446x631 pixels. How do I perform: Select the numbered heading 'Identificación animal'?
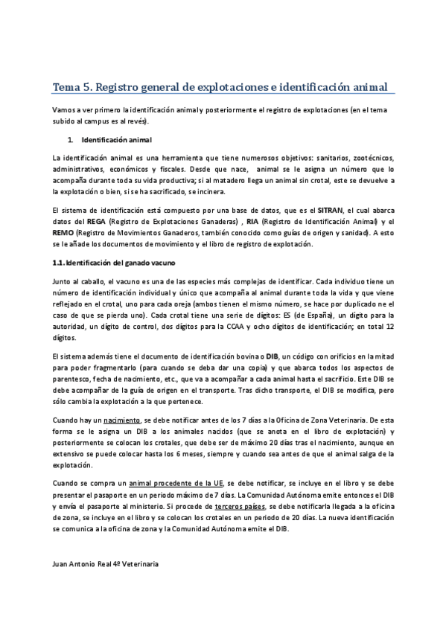click(x=116, y=140)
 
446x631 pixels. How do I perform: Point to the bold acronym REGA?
click(x=95, y=222)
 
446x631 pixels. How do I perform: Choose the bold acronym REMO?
click(x=64, y=232)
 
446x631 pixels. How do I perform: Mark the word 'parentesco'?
click(x=73, y=379)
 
